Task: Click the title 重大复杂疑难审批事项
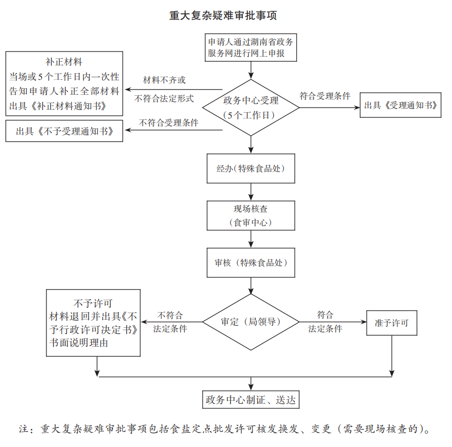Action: (223, 16)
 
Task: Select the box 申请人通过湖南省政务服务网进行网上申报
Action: (250, 47)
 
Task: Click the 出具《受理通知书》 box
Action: (400, 105)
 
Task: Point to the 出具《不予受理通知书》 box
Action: (64, 131)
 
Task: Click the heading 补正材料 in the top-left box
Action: (64, 62)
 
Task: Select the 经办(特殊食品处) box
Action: (250, 168)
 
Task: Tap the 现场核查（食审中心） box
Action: (250, 215)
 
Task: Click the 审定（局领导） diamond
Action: (250, 322)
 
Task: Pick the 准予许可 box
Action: (392, 323)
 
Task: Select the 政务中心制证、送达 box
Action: (250, 400)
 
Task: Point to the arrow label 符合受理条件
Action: (325, 96)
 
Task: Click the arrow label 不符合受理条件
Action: (169, 123)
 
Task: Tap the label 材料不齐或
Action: (164, 80)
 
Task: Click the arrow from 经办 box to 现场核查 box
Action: (251, 192)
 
